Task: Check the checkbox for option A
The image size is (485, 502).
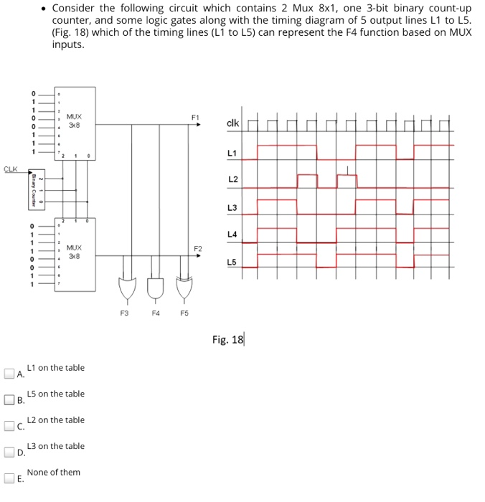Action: click(x=9, y=373)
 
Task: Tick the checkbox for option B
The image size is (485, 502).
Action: click(x=9, y=399)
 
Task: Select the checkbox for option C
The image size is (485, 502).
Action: click(x=9, y=425)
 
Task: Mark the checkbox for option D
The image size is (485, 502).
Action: click(x=9, y=452)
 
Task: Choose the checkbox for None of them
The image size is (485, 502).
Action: click(x=9, y=478)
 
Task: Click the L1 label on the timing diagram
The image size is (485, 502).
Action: click(x=231, y=153)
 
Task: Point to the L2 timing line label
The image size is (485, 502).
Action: click(x=232, y=179)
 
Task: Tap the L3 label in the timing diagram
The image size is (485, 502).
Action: click(x=232, y=208)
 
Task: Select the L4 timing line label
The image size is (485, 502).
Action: click(x=232, y=235)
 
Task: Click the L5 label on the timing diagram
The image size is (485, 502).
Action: click(x=231, y=262)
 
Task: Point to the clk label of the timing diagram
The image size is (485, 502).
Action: click(x=232, y=123)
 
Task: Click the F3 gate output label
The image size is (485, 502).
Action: click(x=124, y=313)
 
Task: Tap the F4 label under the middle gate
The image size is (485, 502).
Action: click(x=154, y=313)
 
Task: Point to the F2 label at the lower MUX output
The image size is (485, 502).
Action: click(x=199, y=247)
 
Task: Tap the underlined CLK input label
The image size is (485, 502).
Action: click(x=10, y=169)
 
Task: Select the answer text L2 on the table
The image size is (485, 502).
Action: click(x=55, y=420)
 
